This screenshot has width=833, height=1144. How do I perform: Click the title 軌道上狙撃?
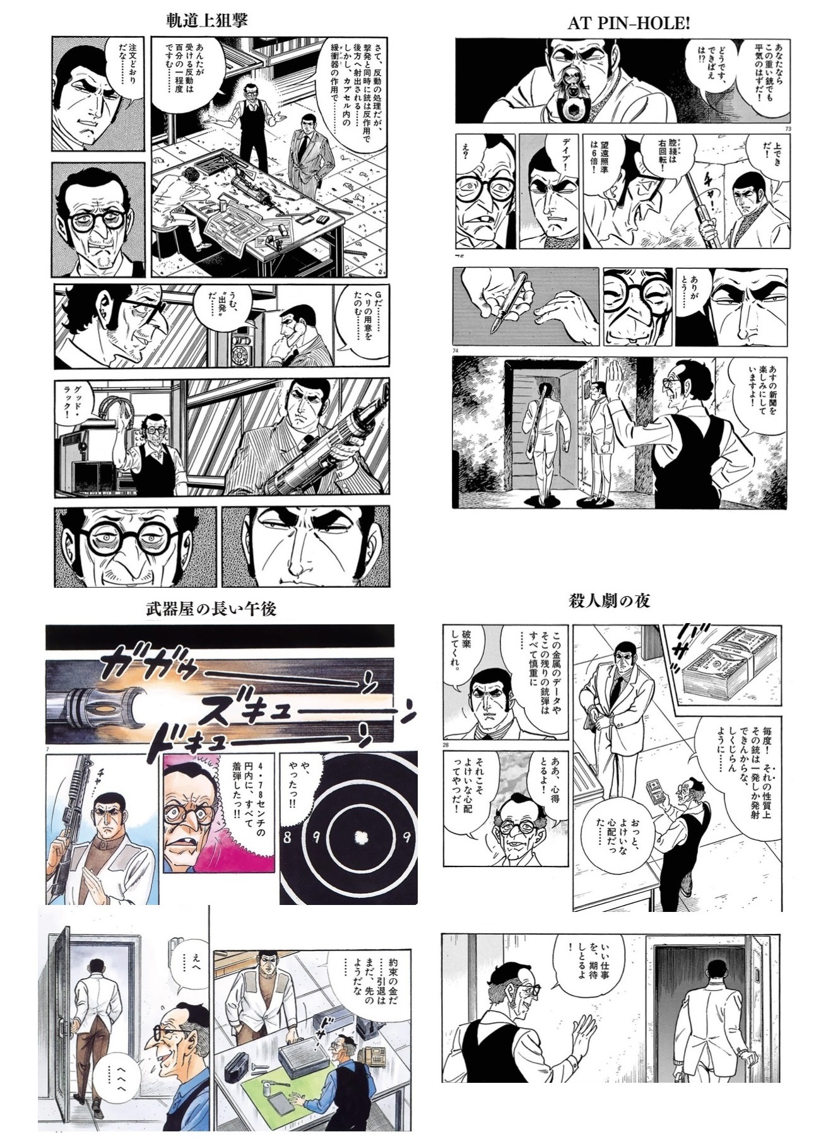point(207,20)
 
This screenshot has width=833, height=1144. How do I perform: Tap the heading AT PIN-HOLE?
point(629,23)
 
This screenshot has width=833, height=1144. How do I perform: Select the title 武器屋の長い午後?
point(211,609)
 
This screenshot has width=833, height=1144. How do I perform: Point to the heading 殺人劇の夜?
point(609,600)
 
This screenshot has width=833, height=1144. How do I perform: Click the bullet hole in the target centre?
point(362,838)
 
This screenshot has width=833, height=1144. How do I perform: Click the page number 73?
point(787,129)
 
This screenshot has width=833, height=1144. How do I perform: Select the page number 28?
point(446,745)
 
